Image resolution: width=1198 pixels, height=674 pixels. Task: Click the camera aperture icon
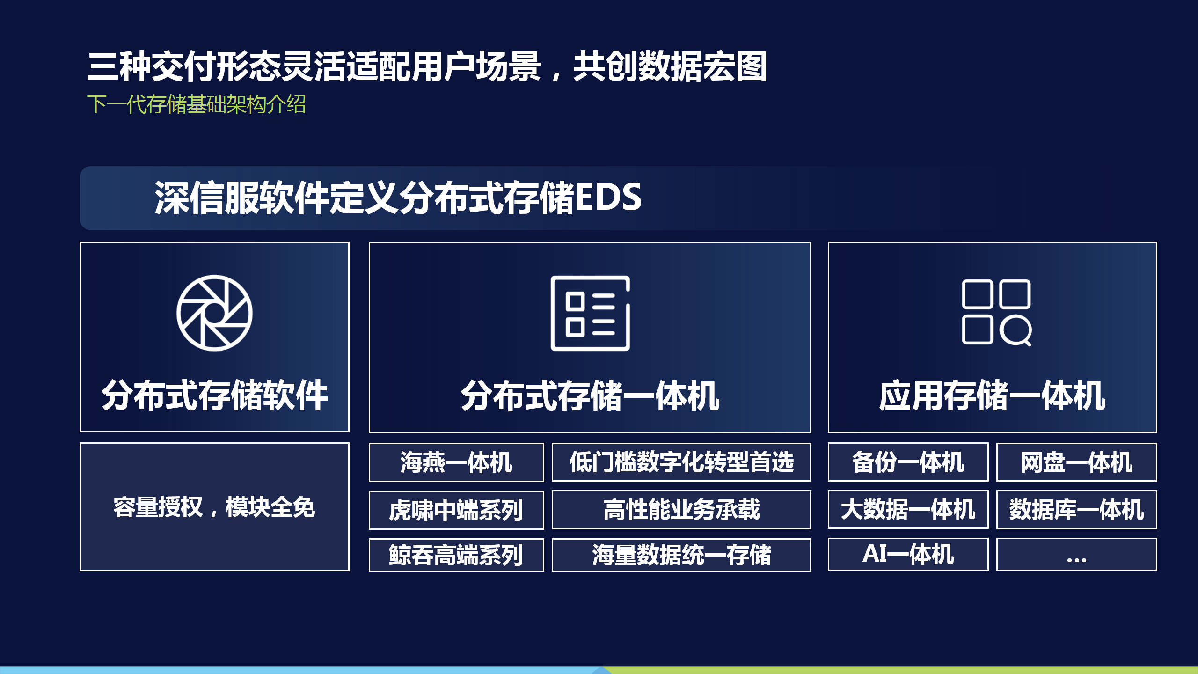[x=214, y=313]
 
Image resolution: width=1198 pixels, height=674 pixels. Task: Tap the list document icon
[x=590, y=313]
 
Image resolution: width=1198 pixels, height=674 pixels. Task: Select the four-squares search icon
[x=997, y=313]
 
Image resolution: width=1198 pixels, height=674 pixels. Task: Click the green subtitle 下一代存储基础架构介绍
[x=197, y=104]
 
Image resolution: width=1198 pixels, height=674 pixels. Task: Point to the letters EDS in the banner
[x=608, y=197]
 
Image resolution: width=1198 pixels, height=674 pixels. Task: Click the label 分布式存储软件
[x=214, y=396]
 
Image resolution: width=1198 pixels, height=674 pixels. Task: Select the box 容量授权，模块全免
[x=214, y=507]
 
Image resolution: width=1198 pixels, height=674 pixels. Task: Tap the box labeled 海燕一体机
[x=456, y=462]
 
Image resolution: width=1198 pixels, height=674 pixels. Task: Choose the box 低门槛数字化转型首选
[x=681, y=462]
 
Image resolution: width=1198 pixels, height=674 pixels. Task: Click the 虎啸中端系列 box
[x=456, y=510]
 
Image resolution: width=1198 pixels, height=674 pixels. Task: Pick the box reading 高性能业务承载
[x=681, y=510]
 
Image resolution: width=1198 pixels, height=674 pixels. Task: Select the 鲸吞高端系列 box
[x=456, y=555]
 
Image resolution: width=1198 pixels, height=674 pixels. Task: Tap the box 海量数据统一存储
[x=681, y=555]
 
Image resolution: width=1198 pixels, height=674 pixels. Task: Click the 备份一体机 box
[x=908, y=462]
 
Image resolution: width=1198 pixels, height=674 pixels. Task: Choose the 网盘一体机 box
[x=1076, y=462]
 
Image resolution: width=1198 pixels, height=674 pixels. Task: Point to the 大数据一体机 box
[x=908, y=510]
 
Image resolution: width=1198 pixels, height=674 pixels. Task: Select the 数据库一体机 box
[x=1076, y=510]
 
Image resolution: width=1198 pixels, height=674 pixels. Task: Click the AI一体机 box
[x=908, y=555]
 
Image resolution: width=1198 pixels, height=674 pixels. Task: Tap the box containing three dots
[x=1076, y=555]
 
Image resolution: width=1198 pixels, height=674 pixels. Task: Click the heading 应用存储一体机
[x=992, y=396]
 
